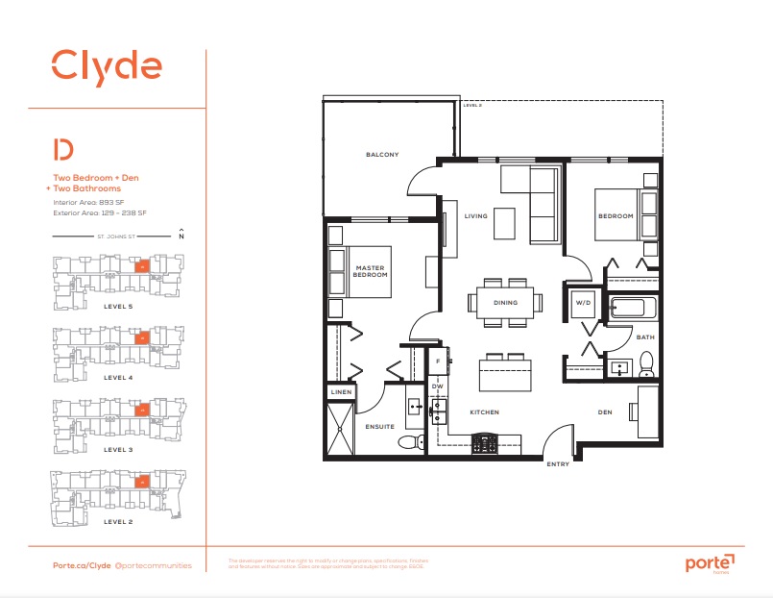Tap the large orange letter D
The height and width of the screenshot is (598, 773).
[x=63, y=150]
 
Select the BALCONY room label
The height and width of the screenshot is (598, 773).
[x=381, y=155]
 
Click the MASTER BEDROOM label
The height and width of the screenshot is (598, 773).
[x=370, y=271]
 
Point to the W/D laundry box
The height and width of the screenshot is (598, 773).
[x=583, y=303]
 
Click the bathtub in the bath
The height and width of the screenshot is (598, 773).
[x=633, y=311]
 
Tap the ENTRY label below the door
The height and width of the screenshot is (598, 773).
[x=557, y=464]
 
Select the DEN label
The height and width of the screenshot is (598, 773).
[x=604, y=411]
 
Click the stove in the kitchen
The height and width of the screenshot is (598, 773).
[x=484, y=442]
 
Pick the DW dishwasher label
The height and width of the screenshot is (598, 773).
[x=437, y=387]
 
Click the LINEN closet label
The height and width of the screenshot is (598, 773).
[x=342, y=392]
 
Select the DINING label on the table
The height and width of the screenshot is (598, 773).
[x=505, y=303]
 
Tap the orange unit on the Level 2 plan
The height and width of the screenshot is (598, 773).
[x=142, y=482]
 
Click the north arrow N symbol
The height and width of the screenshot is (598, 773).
[x=180, y=234]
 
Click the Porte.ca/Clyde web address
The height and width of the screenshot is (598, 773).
[x=81, y=566]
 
